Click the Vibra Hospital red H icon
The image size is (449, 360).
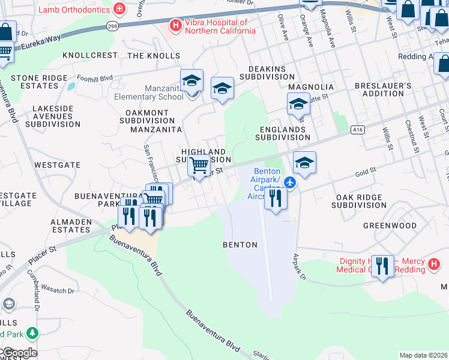click(x=176, y=25)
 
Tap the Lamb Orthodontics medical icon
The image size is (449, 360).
click(x=119, y=10)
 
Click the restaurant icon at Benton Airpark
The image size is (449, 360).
click(x=275, y=198)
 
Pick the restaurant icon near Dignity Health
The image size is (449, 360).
click(x=382, y=266)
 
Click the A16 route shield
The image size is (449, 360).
click(x=358, y=129)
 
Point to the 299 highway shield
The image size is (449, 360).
click(x=112, y=26)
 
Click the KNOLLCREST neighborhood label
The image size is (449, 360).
click(x=91, y=55)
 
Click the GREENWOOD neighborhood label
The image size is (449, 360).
click(x=390, y=226)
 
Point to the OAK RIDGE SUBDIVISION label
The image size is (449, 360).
click(x=361, y=201)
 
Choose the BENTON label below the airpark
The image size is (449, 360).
click(x=240, y=245)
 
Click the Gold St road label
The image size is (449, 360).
click(x=365, y=171)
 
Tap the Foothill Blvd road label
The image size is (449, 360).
click(x=95, y=78)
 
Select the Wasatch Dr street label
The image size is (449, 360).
click(x=58, y=290)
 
